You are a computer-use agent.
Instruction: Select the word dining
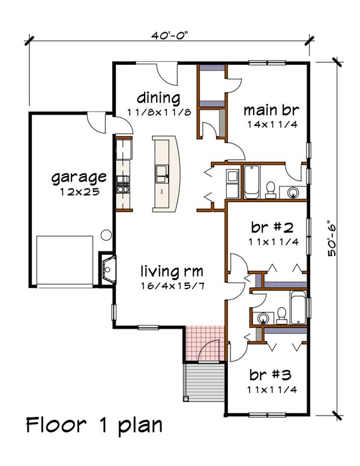pos(158,98)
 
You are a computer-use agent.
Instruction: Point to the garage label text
pos(79,178)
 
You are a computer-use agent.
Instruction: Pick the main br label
pos(271,111)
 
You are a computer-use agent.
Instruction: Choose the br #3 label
pos(270,375)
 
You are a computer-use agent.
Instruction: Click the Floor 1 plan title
pos(94,425)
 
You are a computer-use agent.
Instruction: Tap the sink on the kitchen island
pos(163,175)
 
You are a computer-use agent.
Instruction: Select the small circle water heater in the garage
pos(106,234)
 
